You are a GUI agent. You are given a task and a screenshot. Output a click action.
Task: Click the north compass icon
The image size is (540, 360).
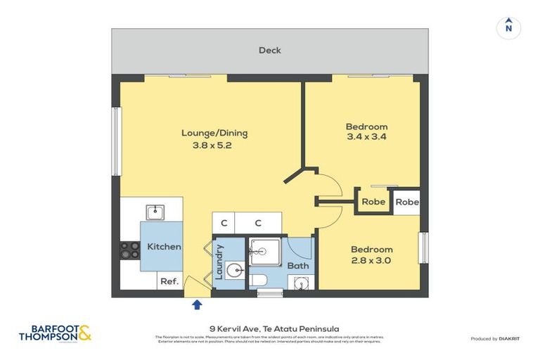509,27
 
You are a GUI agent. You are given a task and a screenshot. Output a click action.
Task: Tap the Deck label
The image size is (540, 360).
270,50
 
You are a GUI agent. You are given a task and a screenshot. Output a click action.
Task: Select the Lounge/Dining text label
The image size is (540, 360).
214,133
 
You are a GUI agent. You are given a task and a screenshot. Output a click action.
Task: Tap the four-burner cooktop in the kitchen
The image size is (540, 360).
129,250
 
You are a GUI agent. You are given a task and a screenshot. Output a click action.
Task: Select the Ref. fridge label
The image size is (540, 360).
169,281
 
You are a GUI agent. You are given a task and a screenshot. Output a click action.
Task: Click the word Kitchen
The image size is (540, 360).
164,247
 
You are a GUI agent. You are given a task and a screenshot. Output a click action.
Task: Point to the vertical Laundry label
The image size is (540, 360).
219,262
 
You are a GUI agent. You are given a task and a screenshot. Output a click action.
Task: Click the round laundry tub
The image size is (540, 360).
237,269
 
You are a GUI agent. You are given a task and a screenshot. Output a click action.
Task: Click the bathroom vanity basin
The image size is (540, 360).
301,283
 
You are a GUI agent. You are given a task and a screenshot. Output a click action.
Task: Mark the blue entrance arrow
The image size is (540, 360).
197,304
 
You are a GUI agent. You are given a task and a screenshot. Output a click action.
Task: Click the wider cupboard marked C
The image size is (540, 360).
258,224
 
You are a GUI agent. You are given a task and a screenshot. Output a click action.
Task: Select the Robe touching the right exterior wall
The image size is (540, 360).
406,202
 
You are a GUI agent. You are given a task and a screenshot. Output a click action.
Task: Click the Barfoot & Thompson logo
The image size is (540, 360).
55,333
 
